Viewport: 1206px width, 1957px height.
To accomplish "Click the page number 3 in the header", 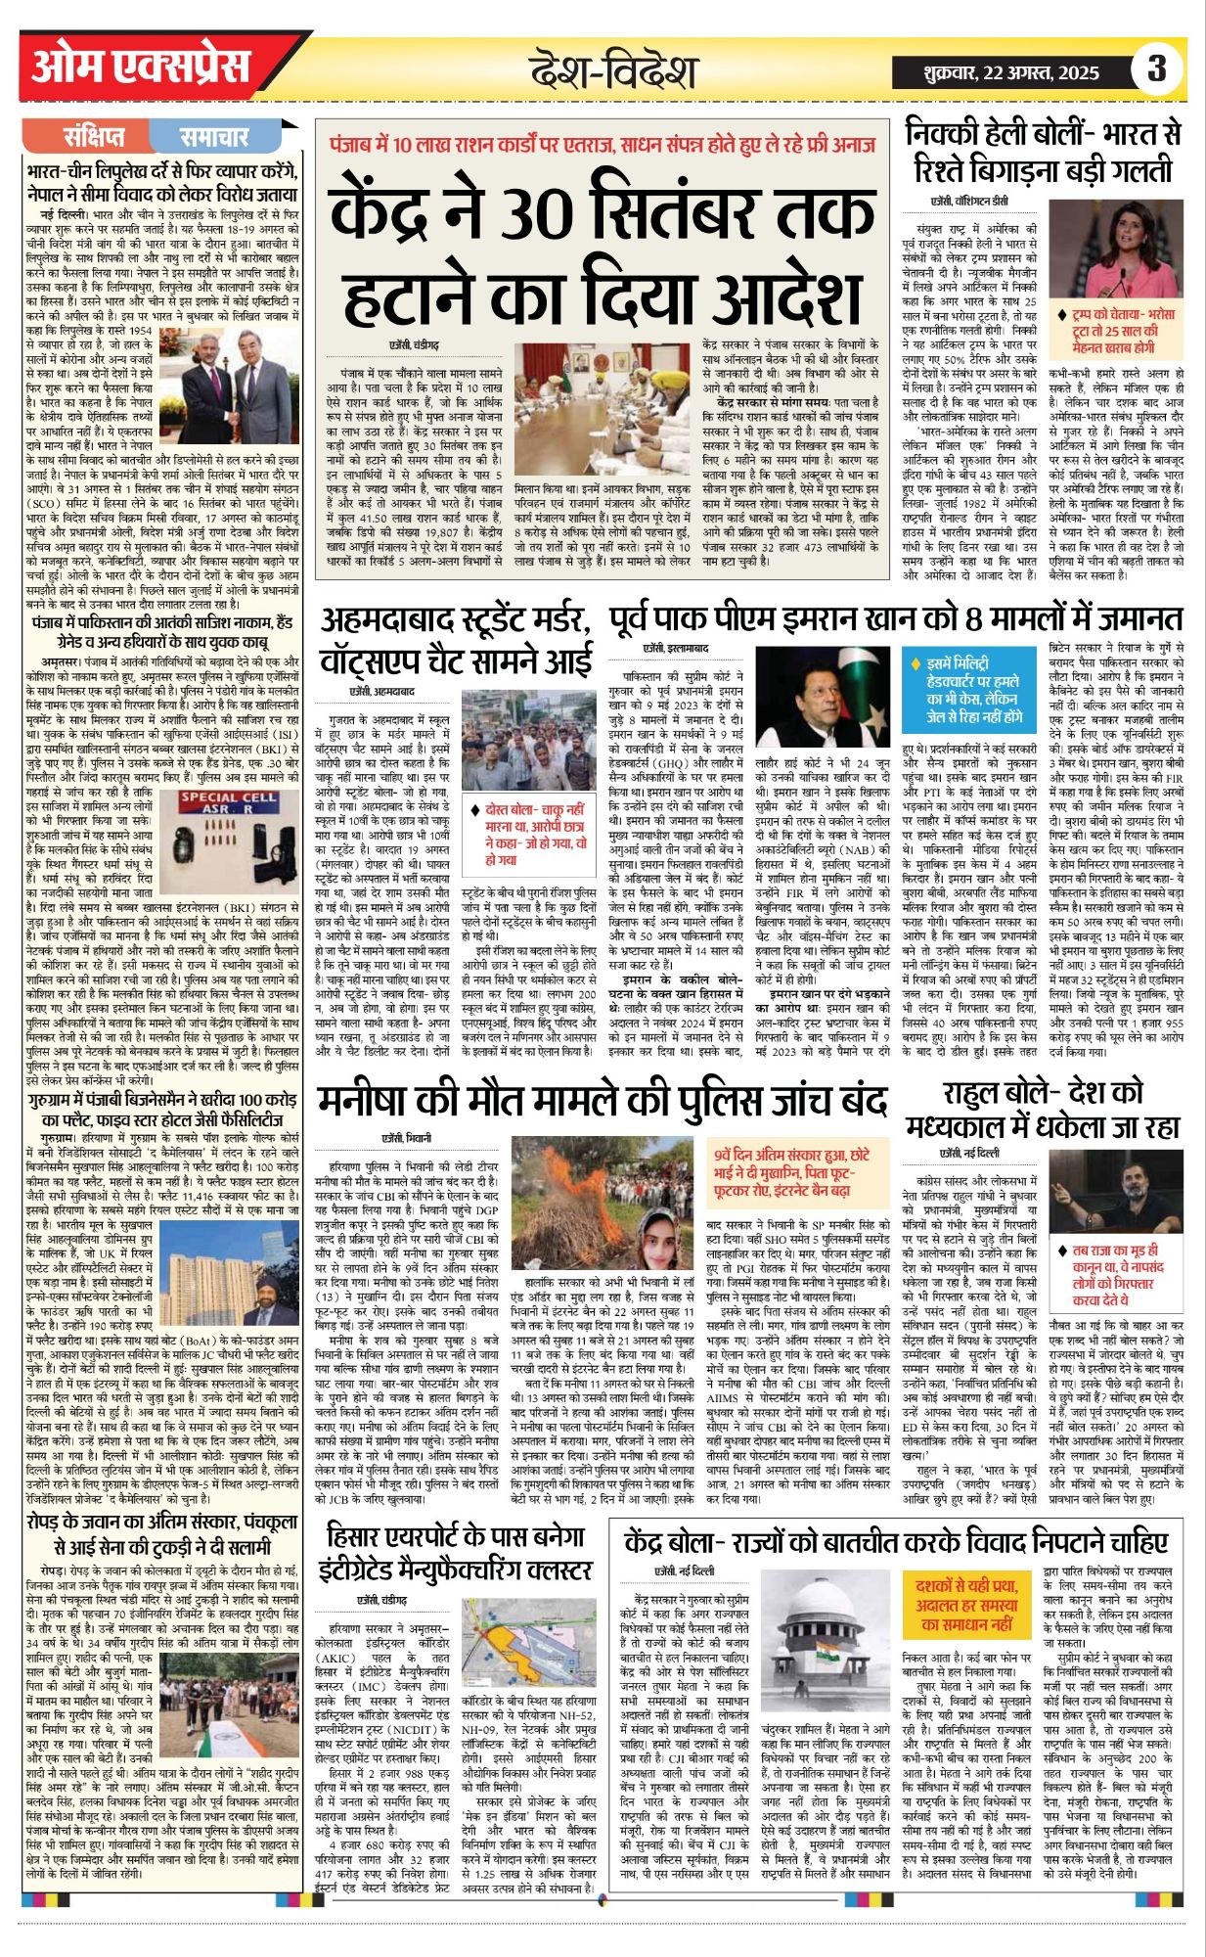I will [x=1157, y=69].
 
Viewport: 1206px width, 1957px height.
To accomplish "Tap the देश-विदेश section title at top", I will [x=613, y=71].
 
